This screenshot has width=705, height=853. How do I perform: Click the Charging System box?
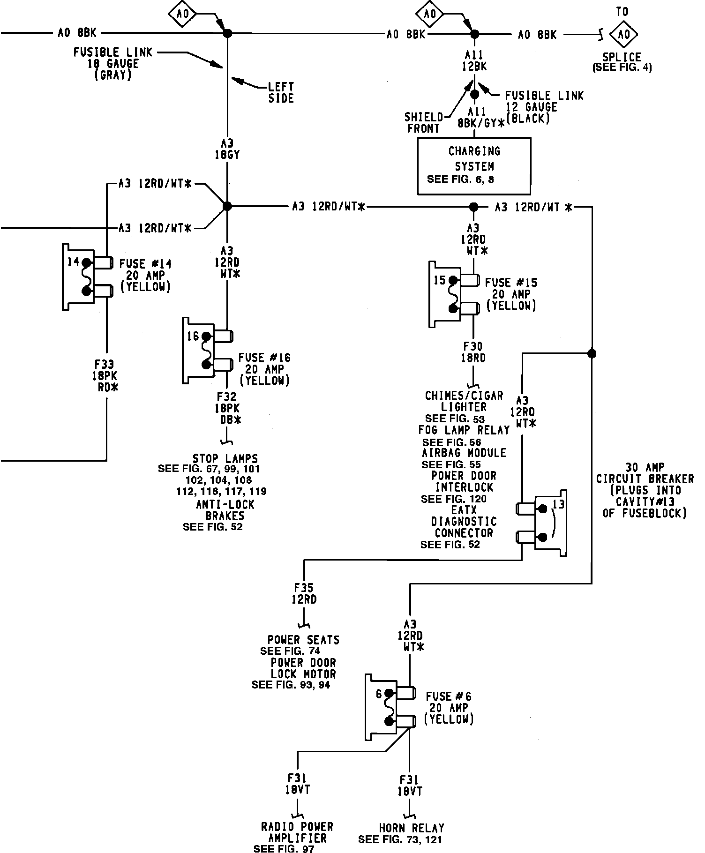coord(474,165)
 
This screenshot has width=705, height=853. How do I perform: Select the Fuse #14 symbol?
coord(87,277)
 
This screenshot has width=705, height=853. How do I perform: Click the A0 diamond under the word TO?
coord(623,34)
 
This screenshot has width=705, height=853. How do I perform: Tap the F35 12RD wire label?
coord(304,593)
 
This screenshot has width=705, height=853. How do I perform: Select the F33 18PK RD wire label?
coord(107,376)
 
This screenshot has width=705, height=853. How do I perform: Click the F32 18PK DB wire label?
coord(227,408)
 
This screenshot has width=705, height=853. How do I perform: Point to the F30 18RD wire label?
coord(473,352)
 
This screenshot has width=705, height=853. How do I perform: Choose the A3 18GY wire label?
coord(227,149)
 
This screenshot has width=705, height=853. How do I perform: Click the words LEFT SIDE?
coord(281,92)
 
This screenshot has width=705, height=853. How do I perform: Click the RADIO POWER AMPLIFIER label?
coord(297,833)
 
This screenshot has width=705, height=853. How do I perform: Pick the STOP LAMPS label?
coord(225,458)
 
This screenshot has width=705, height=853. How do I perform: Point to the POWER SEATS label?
coord(303,640)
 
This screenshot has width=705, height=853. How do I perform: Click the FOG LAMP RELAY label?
coord(464,430)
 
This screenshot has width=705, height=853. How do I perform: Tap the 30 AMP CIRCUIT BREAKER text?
coord(645,473)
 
